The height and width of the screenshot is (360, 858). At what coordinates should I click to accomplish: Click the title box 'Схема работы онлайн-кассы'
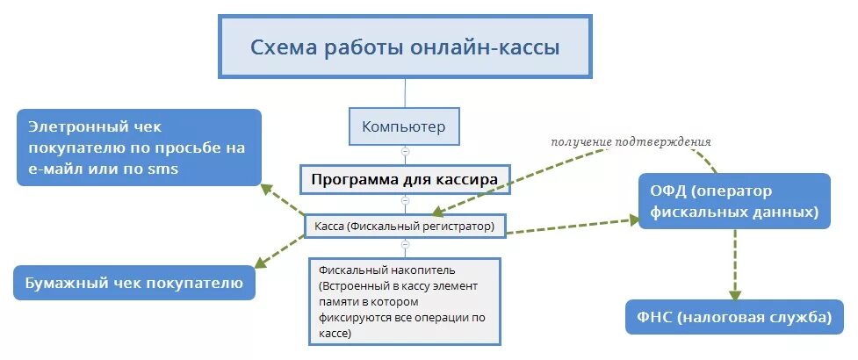click(405, 46)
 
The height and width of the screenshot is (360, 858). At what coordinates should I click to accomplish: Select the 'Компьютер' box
click(404, 126)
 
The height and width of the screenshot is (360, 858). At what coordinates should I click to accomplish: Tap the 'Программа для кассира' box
click(405, 179)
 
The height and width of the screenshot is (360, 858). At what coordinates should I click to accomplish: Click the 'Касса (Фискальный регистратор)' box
click(405, 227)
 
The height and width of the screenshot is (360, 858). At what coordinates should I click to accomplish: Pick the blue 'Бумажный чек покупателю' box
click(133, 284)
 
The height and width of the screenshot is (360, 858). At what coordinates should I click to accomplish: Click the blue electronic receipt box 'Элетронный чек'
click(138, 148)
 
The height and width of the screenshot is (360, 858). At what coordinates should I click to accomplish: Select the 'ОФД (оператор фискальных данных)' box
click(734, 202)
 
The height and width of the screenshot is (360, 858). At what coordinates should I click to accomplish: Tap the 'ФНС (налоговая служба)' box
click(728, 317)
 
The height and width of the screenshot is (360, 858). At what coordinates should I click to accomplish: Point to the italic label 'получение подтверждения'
click(631, 141)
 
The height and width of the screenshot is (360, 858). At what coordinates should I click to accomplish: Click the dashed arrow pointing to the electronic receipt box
click(283, 199)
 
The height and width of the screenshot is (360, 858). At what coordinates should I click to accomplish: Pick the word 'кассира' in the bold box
click(467, 179)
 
